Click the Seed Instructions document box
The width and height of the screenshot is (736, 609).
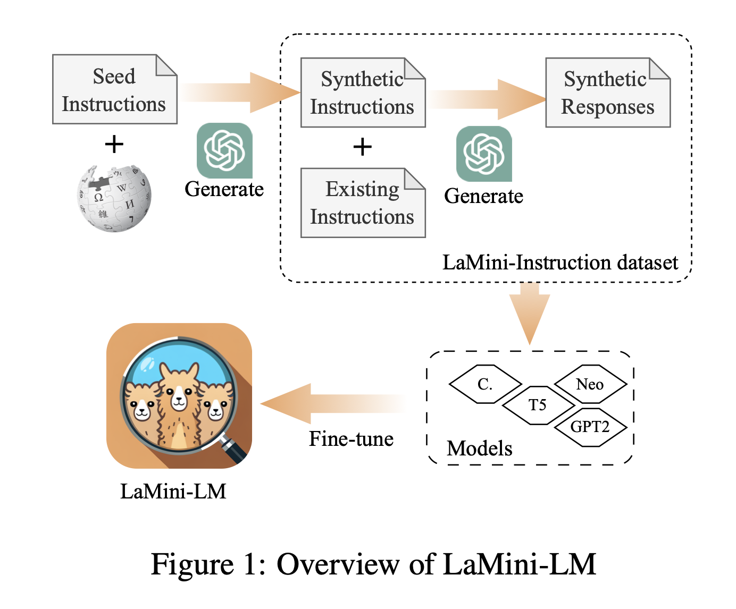pos(114,89)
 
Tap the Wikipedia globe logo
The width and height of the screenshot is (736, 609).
pos(114,198)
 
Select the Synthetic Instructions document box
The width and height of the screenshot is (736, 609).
pos(363,92)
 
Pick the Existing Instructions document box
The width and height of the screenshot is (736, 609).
pos(363,203)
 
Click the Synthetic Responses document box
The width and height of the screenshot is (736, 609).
pos(607,92)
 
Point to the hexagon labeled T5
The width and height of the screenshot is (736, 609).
pos(538,405)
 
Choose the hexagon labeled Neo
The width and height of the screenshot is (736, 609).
pos(590,384)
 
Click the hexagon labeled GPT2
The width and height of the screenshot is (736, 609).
pos(590,427)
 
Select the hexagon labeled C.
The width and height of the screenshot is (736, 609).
pos(485,384)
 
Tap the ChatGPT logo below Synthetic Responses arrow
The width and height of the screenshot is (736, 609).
pos(484,154)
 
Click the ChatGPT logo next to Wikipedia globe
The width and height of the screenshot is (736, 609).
pos(224,150)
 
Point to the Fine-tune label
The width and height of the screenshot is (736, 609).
pos(352,439)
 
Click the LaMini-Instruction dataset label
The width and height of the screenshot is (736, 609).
pos(560,263)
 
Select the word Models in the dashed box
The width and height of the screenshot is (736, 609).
pos(479,449)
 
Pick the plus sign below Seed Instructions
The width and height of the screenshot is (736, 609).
pos(114,144)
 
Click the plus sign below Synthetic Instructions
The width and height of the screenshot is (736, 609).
pos(362,147)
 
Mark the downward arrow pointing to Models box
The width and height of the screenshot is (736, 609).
pos(530,314)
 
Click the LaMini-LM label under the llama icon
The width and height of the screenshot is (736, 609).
pos(173,492)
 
